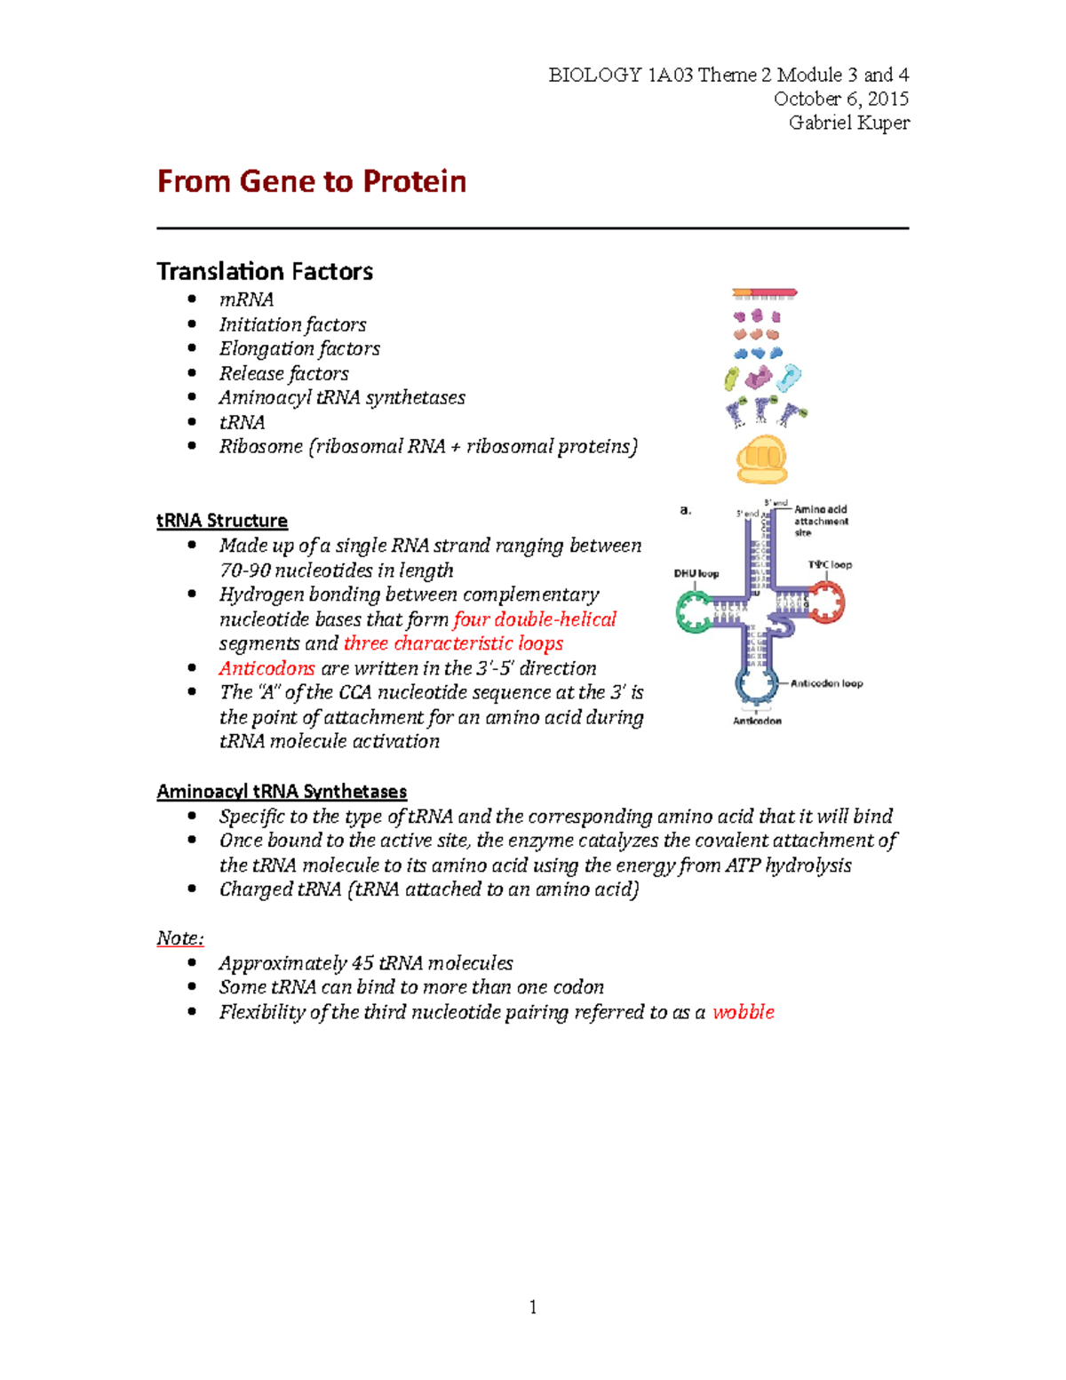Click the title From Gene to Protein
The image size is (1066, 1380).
(312, 181)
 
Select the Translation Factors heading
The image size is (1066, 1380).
(265, 271)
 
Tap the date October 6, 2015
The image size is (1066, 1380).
(840, 99)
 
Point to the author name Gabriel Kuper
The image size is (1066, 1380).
(848, 123)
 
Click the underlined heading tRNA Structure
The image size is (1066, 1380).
(222, 521)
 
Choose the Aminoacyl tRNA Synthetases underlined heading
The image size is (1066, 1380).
(282, 792)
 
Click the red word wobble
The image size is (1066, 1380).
(744, 1012)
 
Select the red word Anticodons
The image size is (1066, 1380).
(266, 668)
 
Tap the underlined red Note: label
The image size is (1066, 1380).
(180, 938)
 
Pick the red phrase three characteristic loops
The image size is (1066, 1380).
(453, 643)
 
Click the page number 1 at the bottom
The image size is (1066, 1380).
(533, 1306)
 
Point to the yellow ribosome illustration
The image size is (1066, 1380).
(761, 459)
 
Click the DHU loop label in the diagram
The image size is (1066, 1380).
(696, 574)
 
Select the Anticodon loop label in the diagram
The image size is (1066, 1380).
(826, 683)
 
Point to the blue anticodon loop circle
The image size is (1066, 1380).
(756, 685)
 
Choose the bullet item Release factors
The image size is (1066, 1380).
(283, 373)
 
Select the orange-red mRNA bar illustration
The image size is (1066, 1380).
(764, 292)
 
